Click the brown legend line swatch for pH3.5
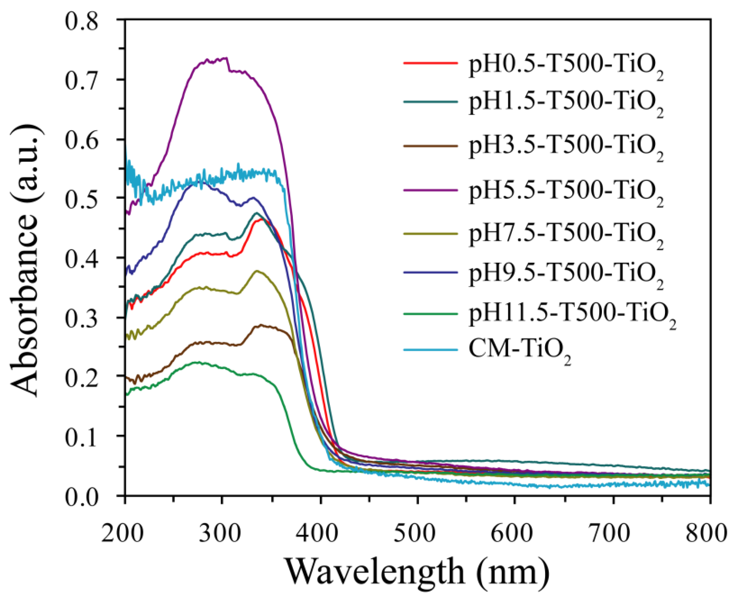[x=430, y=146]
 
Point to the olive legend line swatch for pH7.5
[x=430, y=233]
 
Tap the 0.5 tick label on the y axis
[x=82, y=199]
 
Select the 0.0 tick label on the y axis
[x=82, y=497]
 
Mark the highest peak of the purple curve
[x=226, y=58]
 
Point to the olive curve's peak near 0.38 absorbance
[x=257, y=271]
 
